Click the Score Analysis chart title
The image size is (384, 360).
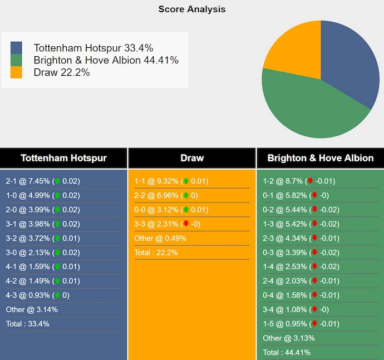point(192,9)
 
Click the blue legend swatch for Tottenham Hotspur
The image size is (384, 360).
point(16,48)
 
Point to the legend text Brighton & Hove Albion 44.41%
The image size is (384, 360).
point(106,60)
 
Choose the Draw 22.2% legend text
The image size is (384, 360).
point(62,72)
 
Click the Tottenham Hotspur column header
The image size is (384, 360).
point(63,158)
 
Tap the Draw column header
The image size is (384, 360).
point(192,158)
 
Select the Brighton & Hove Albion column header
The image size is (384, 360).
point(320,158)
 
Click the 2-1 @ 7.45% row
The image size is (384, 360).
point(43,181)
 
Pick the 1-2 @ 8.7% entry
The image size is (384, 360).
point(299,181)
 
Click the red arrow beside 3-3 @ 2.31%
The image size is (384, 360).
point(185,224)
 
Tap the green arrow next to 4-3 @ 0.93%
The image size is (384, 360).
point(57,295)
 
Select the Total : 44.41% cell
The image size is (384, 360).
point(287,352)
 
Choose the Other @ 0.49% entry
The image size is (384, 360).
point(160,238)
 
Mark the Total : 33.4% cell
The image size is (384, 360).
point(28,324)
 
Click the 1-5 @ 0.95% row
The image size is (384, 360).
point(299,324)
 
